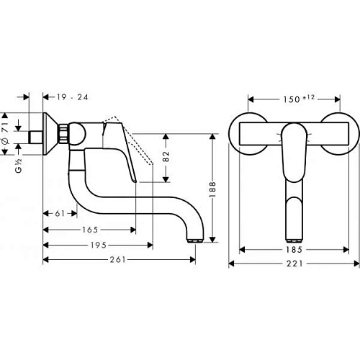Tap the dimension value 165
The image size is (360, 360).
89,230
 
